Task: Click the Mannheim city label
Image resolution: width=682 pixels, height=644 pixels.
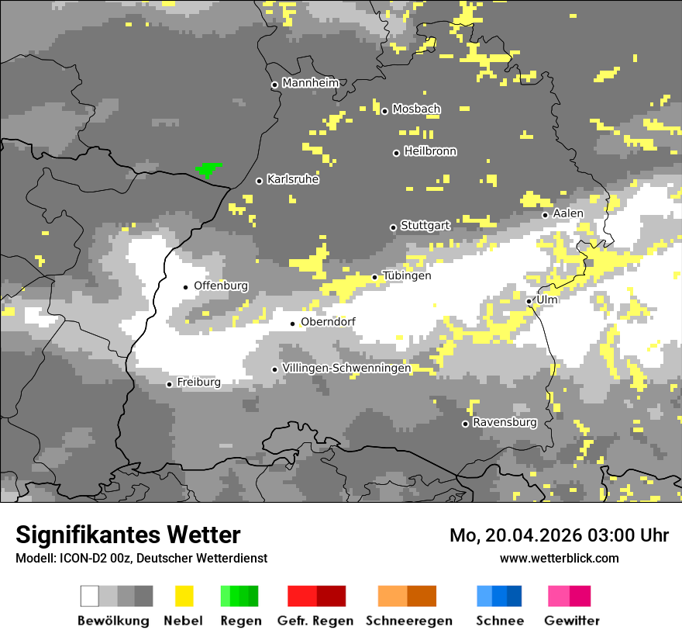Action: pos(310,83)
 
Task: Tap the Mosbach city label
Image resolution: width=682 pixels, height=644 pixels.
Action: pos(416,109)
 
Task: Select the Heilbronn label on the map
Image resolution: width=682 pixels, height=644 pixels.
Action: pos(430,151)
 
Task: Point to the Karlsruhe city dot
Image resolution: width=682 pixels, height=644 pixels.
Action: pos(260,182)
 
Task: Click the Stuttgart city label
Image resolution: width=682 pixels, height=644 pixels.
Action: pos(425,226)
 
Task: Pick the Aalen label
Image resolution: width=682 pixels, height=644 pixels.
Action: pos(568,213)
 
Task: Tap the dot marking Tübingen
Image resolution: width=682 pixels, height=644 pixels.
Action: pos(375,277)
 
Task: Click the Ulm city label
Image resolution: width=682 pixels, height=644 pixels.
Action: pos(547,299)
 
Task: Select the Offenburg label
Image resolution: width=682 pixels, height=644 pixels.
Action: pos(221,286)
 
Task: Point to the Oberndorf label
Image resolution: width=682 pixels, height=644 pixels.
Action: pos(328,322)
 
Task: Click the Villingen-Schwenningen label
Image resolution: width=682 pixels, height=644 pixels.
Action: pos(346,369)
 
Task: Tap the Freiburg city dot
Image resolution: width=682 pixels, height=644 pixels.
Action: pos(169,384)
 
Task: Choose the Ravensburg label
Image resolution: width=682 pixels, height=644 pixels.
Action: pos(505,423)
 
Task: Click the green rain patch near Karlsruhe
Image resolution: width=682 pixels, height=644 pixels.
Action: pos(208,168)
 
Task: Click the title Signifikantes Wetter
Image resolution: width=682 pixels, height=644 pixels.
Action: pos(128,535)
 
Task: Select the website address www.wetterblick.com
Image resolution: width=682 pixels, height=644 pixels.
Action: pos(559,558)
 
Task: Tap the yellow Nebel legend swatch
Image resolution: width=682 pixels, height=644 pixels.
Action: pos(184,596)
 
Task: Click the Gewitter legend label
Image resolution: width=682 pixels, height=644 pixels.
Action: pos(572,621)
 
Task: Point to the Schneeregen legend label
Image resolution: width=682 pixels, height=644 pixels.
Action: pos(408,621)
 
